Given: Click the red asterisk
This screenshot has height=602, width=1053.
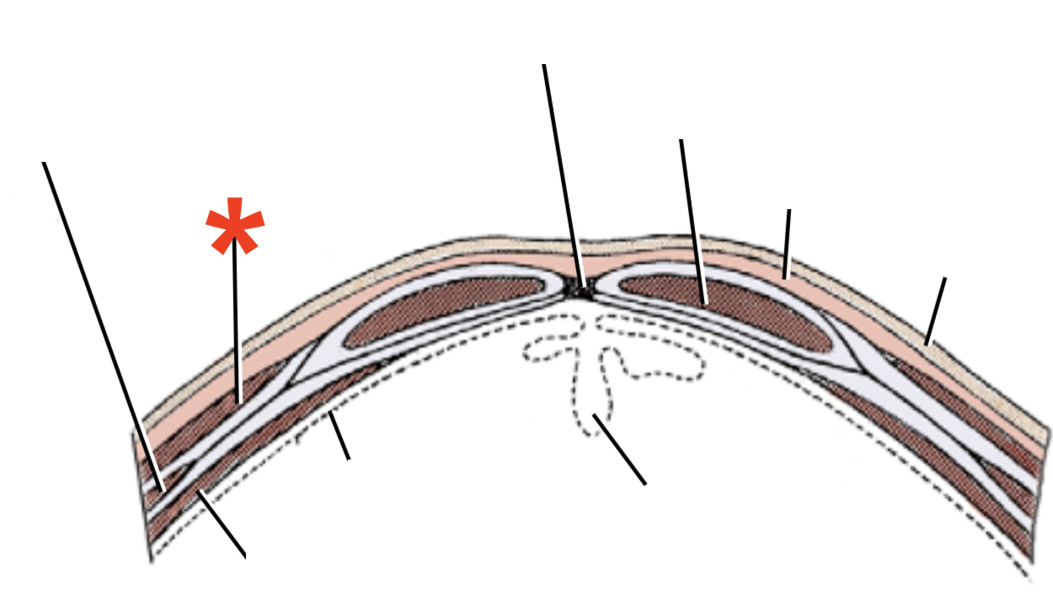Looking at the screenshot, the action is click(235, 226).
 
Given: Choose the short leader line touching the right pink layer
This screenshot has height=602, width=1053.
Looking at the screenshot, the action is click(787, 244).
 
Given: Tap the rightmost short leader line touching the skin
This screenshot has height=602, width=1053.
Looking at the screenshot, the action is click(935, 311).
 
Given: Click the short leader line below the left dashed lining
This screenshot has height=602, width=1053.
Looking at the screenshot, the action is click(339, 436).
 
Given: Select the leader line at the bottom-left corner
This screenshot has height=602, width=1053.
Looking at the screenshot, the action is click(222, 524).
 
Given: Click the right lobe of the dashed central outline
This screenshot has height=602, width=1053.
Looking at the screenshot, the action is click(665, 358).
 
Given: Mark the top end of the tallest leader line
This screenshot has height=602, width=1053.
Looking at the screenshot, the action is click(544, 66).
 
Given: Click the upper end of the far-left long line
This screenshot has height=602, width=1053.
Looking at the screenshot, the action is click(44, 164).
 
